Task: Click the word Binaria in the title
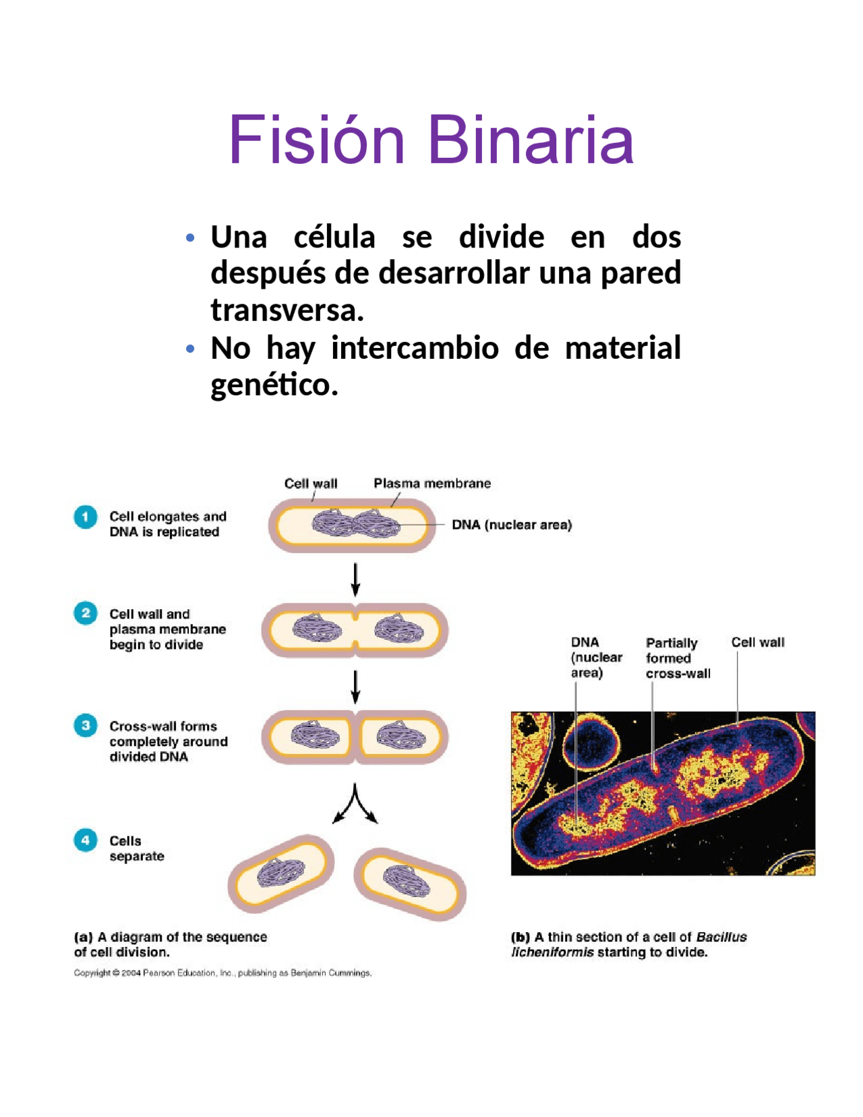531,140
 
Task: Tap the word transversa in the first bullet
287,310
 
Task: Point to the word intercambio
415,348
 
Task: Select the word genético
274,385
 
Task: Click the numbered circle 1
86,517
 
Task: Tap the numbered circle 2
86,614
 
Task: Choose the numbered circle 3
86,726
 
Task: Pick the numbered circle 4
86,840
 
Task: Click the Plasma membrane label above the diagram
432,484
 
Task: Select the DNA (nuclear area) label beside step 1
512,525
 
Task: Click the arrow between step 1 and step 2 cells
355,579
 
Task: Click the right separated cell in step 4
410,883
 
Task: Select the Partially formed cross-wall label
677,658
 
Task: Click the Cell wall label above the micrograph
758,643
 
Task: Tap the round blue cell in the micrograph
591,742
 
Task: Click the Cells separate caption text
136,849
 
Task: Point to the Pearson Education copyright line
222,973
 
